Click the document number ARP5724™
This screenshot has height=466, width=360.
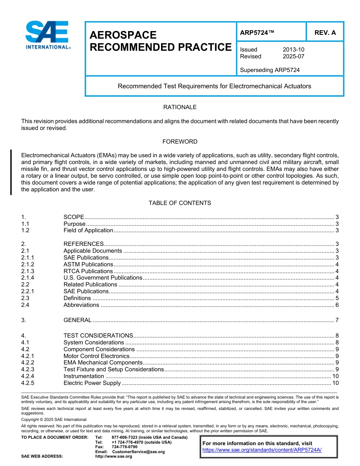tap(257, 33)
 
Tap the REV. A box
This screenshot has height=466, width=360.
tap(325, 33)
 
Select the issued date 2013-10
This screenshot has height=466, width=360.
tap(293, 50)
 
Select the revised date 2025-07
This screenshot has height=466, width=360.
tap(293, 56)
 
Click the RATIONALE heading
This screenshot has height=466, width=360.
tap(180, 107)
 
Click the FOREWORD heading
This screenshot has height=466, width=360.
tap(180, 142)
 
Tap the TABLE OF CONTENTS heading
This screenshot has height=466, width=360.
tap(180, 203)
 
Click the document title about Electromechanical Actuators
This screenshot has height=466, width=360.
tap(214, 86)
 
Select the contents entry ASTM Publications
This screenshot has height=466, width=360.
tap(88, 264)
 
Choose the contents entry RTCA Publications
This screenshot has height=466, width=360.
tap(88, 271)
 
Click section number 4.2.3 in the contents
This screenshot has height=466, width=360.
tap(28, 369)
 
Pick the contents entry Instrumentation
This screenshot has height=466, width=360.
tap(84, 376)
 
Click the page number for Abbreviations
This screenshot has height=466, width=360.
tap(337, 305)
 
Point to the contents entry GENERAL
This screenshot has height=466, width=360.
tap(77, 320)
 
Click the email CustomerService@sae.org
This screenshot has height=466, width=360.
tap(138, 452)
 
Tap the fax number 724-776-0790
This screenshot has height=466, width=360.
tap(124, 447)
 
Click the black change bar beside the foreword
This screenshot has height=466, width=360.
tap(11, 172)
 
